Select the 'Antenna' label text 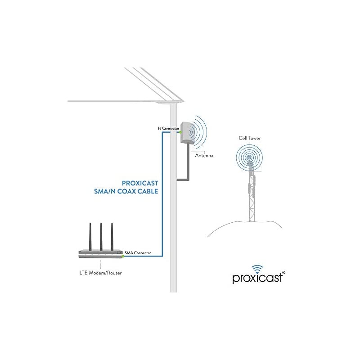pyautogui.click(x=203, y=156)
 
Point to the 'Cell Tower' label pyautogui.click(x=250, y=139)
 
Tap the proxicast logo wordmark pyautogui.click(x=256, y=278)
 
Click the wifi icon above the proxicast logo pyautogui.click(x=256, y=267)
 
